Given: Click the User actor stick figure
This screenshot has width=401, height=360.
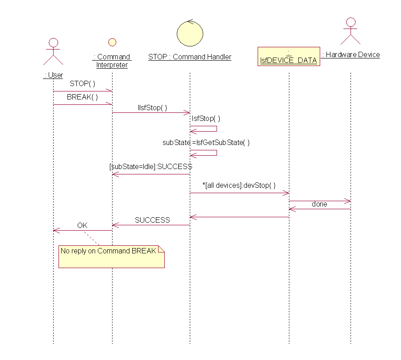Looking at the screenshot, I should pyautogui.click(x=53, y=52).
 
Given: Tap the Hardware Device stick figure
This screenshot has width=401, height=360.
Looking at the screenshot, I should pyautogui.click(x=351, y=31).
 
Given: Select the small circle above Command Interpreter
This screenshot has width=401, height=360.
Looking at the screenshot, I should pyautogui.click(x=112, y=42).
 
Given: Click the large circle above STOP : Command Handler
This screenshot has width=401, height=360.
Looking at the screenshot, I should pyautogui.click(x=190, y=33).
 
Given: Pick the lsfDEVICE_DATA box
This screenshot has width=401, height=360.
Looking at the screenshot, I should pyautogui.click(x=289, y=56).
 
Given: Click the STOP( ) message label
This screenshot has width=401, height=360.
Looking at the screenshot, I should pyautogui.click(x=83, y=83).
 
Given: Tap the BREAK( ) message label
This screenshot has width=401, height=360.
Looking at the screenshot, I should pyautogui.click(x=83, y=97).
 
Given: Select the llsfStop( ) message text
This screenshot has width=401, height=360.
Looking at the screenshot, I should pyautogui.click(x=152, y=108).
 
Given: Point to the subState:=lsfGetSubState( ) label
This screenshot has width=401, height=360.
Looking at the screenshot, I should pyautogui.click(x=206, y=142).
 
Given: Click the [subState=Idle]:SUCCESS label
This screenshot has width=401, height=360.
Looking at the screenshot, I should pyautogui.click(x=150, y=166).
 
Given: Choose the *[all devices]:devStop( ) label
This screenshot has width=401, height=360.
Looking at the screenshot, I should pyautogui.click(x=239, y=185).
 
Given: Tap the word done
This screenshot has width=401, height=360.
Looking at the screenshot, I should pyautogui.click(x=319, y=204).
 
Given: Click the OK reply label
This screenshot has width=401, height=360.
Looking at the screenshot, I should pyautogui.click(x=82, y=225).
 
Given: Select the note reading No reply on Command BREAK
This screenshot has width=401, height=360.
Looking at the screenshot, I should pyautogui.click(x=112, y=256).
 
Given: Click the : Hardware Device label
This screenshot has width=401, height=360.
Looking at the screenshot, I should pyautogui.click(x=351, y=55).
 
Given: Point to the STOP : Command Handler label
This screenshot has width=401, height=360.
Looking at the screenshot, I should pyautogui.click(x=190, y=57).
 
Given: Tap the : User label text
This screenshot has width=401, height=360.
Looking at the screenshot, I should pyautogui.click(x=53, y=75).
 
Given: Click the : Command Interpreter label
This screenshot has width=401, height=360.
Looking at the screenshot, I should pyautogui.click(x=112, y=61).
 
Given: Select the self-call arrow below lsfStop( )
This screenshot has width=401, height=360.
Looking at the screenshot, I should pyautogui.click(x=204, y=129).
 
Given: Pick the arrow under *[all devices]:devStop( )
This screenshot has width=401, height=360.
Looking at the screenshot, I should pyautogui.click(x=239, y=193).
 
